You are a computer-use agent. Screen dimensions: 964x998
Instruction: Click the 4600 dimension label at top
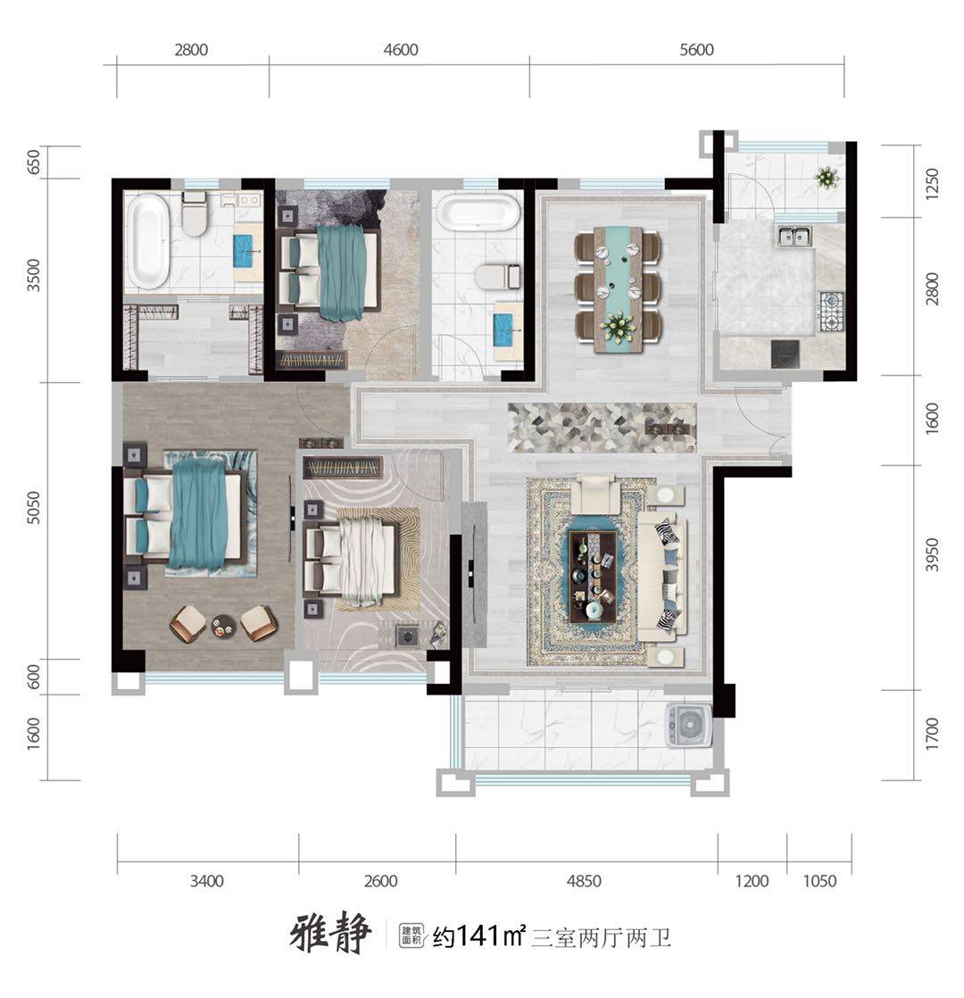(x=401, y=50)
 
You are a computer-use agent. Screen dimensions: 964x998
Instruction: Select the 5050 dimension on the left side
(x=34, y=507)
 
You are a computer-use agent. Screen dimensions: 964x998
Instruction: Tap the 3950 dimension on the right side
(x=932, y=554)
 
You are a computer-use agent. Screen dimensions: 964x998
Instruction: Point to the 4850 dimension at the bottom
(x=584, y=881)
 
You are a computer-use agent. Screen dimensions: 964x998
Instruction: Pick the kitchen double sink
(x=794, y=237)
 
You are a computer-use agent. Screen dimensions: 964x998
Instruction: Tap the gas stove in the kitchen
(x=830, y=312)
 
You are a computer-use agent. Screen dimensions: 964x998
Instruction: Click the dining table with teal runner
(x=617, y=288)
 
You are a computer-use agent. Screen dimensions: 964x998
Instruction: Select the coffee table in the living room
(x=592, y=577)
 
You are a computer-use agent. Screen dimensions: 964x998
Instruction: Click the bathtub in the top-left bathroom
(x=147, y=242)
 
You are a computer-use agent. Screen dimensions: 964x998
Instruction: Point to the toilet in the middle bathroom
(x=497, y=276)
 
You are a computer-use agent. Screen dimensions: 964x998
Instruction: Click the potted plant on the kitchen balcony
(x=826, y=177)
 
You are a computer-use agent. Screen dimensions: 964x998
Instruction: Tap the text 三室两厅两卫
(x=602, y=937)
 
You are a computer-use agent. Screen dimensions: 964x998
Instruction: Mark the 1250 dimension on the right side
(x=932, y=183)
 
